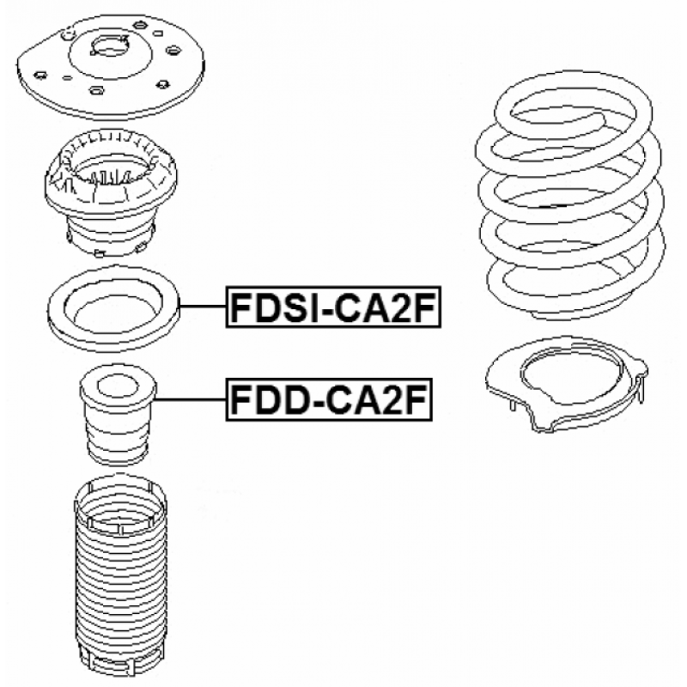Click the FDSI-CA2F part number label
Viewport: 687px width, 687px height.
pyautogui.click(x=333, y=307)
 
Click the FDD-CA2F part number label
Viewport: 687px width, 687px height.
pyautogui.click(x=329, y=399)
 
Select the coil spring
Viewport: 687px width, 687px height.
pyautogui.click(x=569, y=195)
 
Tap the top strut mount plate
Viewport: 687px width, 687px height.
pyautogui.click(x=111, y=66)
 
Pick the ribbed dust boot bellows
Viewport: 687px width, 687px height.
pyautogui.click(x=120, y=574)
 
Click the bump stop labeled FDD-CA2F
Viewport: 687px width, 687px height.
pyautogui.click(x=118, y=414)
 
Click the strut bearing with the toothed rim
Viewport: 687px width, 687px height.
pyautogui.click(x=111, y=192)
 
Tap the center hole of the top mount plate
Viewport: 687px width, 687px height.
pyautogui.click(x=111, y=47)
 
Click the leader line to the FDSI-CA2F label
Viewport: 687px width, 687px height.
pyautogui.click(x=203, y=307)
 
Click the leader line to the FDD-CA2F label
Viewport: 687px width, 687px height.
pyautogui.click(x=191, y=399)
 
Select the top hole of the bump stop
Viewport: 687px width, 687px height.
pyautogui.click(x=117, y=386)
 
